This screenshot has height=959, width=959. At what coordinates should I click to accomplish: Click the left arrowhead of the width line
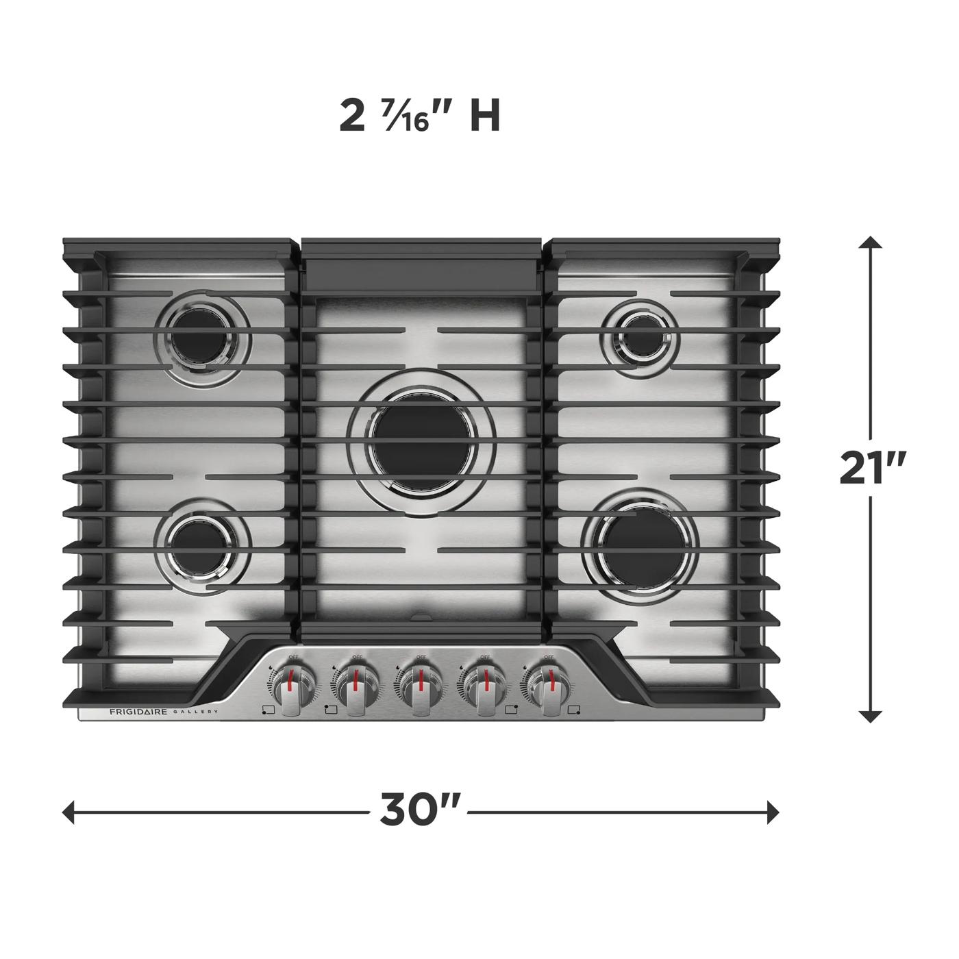(68, 813)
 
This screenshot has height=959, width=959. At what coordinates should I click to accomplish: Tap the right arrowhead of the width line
(773, 813)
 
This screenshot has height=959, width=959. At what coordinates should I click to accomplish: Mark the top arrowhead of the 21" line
(870, 243)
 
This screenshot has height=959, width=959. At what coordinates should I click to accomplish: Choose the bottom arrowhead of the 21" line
(870, 717)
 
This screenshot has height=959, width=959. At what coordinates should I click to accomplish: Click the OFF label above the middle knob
(421, 657)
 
